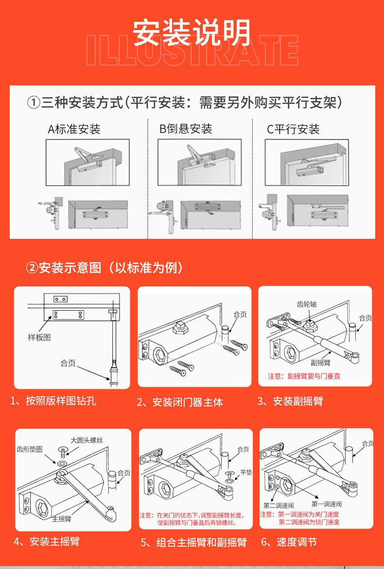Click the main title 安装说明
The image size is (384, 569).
tap(192, 33)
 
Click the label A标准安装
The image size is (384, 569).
tap(74, 129)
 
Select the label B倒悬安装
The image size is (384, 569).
tap(186, 129)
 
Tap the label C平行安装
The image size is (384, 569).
tap(293, 129)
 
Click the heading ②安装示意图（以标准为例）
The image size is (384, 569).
tap(105, 268)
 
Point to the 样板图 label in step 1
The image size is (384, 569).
tap(39, 337)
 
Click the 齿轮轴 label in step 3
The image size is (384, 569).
tap(306, 304)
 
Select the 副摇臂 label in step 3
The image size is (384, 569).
tap(320, 363)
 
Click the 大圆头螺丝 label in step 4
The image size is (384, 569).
tap(87, 440)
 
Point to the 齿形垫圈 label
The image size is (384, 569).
tap(30, 449)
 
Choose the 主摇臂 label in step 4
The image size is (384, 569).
tap(62, 519)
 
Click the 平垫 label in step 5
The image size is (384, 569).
tap(246, 472)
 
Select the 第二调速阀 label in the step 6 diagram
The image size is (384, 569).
tap(276, 505)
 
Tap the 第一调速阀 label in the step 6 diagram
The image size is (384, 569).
tap(327, 504)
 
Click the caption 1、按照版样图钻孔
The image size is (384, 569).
tap(53, 401)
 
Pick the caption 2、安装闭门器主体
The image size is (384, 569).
tap(180, 402)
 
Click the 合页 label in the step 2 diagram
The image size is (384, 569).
tap(240, 315)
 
